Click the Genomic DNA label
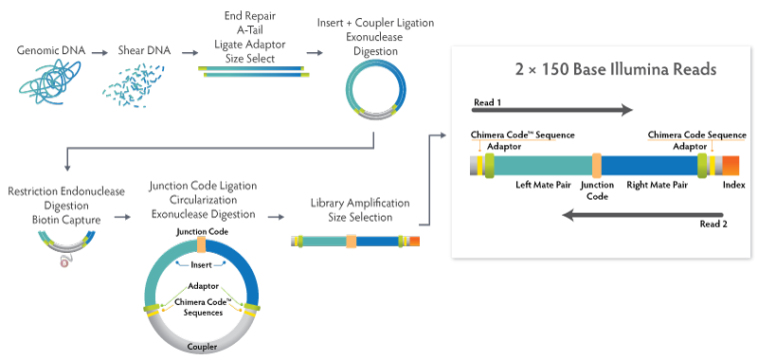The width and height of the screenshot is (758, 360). pyautogui.click(x=51, y=50)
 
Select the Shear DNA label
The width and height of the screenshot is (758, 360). pyautogui.click(x=144, y=50)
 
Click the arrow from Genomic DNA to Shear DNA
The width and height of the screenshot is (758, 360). pyautogui.click(x=100, y=52)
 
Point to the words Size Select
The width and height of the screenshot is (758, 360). pyautogui.click(x=250, y=59)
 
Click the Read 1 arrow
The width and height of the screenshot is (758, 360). pyautogui.click(x=552, y=111)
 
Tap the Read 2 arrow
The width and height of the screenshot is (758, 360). pyautogui.click(x=643, y=215)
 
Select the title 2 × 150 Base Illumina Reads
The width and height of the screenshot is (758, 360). pyautogui.click(x=615, y=69)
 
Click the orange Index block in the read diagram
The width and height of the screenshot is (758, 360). pyautogui.click(x=731, y=165)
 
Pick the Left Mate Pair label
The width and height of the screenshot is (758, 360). pyautogui.click(x=543, y=185)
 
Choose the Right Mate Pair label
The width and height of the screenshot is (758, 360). pyautogui.click(x=657, y=185)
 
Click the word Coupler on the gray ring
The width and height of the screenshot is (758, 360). pyautogui.click(x=203, y=347)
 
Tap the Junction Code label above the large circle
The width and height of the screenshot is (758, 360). pyautogui.click(x=202, y=232)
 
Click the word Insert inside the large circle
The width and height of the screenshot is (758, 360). pyautogui.click(x=201, y=265)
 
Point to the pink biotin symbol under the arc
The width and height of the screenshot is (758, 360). pyautogui.click(x=63, y=262)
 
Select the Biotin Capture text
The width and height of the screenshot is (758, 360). pyautogui.click(x=66, y=221)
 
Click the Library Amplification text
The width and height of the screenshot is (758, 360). pyautogui.click(x=360, y=203)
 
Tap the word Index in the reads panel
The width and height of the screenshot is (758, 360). pyautogui.click(x=733, y=185)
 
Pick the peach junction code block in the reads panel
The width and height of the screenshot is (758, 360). pyautogui.click(x=597, y=165)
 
